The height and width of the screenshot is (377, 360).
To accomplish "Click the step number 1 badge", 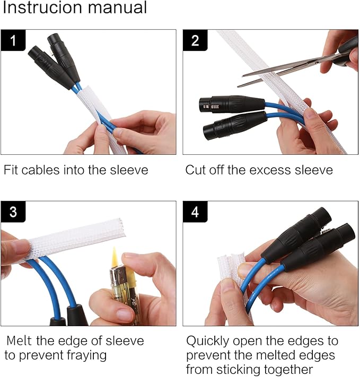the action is pos(13,40).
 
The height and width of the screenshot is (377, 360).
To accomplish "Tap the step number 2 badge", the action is pos(195,40).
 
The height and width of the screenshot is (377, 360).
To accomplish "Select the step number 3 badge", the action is pos(13,212).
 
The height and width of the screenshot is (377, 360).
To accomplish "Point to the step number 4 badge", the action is pos(195,212).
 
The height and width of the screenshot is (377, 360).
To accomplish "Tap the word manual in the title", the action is pos(117,7).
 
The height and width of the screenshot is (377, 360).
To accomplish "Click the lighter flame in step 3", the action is pos(115,257).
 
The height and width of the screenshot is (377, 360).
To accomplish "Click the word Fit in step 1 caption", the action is pos(11,170).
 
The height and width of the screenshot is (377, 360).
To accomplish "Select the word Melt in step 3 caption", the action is pos(19,341).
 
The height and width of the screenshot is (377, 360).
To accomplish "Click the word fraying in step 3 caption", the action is pos(86,355).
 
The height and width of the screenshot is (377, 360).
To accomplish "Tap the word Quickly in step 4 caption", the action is pos(207,341).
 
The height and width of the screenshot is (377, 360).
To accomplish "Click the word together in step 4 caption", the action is pos(288,370).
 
